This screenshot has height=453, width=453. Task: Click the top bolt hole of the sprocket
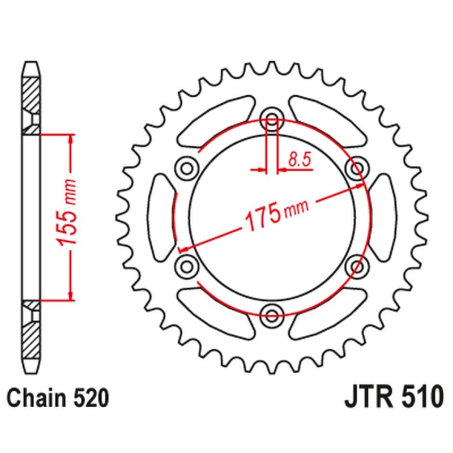[272, 119]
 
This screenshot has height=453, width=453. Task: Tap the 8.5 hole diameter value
[299, 160]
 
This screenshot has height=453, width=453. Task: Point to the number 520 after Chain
[90, 398]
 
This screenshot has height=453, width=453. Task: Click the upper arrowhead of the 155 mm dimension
[70, 139]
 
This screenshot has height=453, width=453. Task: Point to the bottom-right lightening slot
[328, 311]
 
